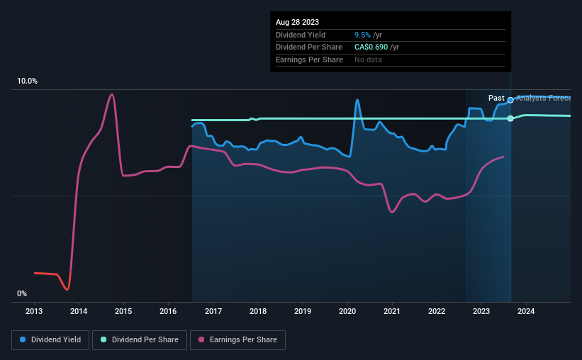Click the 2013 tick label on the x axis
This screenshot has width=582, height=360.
34,311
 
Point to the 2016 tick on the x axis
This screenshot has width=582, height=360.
168,311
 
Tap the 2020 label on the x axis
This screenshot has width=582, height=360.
347,311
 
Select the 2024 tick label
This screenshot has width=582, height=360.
526,311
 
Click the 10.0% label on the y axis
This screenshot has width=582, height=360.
27,81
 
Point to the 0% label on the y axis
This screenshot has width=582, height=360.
22,293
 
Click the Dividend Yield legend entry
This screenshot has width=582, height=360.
50,340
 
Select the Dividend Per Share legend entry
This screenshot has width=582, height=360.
142,340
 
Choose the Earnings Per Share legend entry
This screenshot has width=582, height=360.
237,340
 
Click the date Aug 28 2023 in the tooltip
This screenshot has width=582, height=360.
297,23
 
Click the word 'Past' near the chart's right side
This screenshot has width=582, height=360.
496,98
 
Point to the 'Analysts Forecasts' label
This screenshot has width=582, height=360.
544,98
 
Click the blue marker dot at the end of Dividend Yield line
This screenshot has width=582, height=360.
510,100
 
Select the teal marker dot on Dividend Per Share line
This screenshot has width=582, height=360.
510,118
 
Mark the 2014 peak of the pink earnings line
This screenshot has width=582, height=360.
111,94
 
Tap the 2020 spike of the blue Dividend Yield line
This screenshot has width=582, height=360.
357,100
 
